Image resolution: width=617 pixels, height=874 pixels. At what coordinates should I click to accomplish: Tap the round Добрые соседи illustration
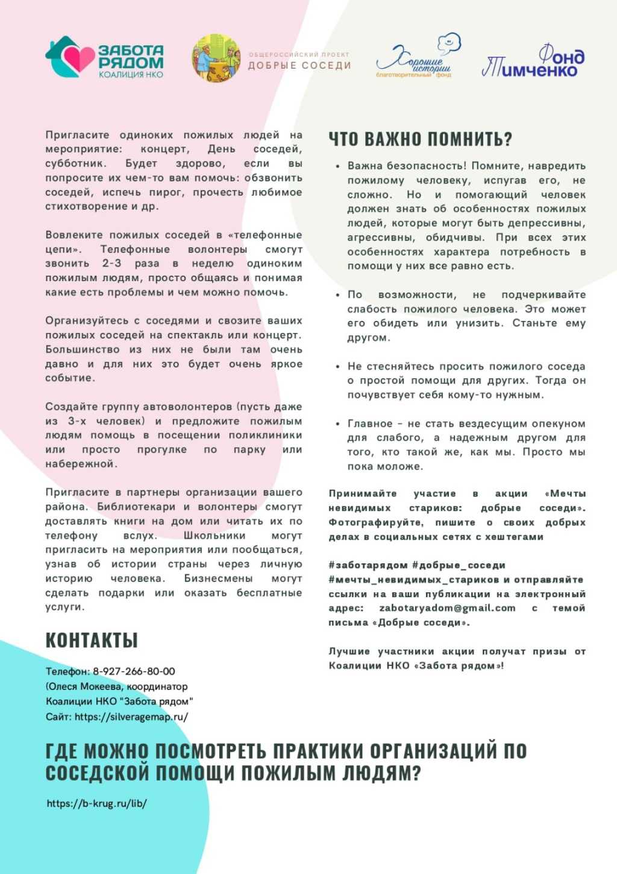coord(216,59)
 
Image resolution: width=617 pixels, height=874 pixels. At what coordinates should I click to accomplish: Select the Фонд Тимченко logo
coord(533,62)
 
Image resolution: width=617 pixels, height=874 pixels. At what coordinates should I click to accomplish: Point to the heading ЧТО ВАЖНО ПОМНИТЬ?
coord(420,139)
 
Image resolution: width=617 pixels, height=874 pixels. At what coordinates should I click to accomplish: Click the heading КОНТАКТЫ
coord(92,641)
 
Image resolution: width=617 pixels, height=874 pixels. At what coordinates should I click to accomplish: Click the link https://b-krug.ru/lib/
coord(97,803)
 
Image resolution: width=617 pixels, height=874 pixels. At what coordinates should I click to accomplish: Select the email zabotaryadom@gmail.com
coord(447,608)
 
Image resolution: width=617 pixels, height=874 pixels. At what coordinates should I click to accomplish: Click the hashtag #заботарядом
coord(368,565)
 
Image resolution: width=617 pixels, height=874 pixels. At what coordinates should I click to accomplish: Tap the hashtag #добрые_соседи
coord(459,565)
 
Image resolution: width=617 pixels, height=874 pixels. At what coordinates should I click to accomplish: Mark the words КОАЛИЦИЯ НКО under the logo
coord(131,75)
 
